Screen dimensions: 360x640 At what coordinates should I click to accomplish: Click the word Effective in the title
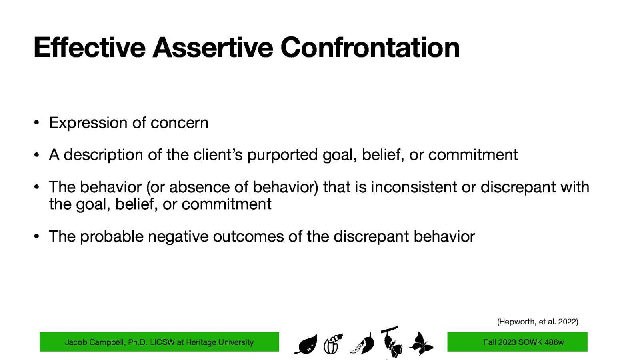coord(89,48)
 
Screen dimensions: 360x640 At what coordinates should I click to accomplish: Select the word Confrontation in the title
coord(370,48)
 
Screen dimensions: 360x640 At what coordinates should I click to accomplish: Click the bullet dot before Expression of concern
coord(36,123)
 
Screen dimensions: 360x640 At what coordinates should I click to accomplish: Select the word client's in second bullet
coord(218,155)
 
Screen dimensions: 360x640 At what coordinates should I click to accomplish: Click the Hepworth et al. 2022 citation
coord(537,322)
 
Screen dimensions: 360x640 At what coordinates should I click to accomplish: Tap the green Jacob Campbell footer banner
coord(159,342)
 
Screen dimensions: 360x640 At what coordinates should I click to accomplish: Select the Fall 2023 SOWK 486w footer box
coord(517,342)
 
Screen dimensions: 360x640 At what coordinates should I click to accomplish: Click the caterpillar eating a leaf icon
coord(362,344)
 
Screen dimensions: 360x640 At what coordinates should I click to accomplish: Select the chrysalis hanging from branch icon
coord(391,342)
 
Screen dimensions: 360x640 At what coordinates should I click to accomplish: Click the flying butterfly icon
coord(421,343)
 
